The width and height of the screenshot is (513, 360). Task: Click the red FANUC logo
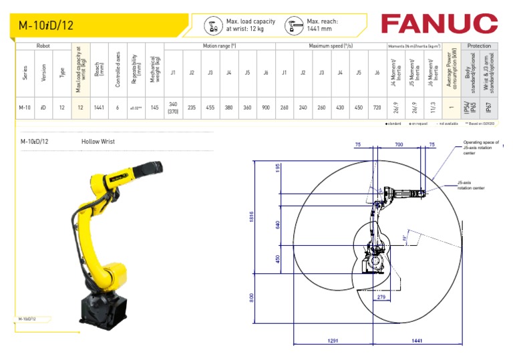(x=439, y=24)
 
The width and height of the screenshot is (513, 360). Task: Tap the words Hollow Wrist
(x=98, y=142)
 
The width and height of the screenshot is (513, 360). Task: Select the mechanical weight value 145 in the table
(x=155, y=107)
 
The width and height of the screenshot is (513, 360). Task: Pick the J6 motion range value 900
(x=266, y=107)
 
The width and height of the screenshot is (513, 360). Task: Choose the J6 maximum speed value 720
(x=377, y=107)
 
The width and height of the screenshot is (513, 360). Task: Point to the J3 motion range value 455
(x=210, y=107)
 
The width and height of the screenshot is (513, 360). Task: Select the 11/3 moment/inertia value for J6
(x=434, y=107)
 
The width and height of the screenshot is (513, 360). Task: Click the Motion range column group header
(x=220, y=46)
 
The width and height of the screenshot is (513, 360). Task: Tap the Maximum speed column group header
(x=331, y=46)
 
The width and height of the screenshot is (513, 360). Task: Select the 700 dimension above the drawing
(x=399, y=144)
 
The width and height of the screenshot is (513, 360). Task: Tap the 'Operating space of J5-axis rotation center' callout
(x=480, y=147)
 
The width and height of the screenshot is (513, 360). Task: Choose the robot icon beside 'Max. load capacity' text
(x=213, y=25)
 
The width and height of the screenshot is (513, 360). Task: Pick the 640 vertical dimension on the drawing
(x=279, y=224)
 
